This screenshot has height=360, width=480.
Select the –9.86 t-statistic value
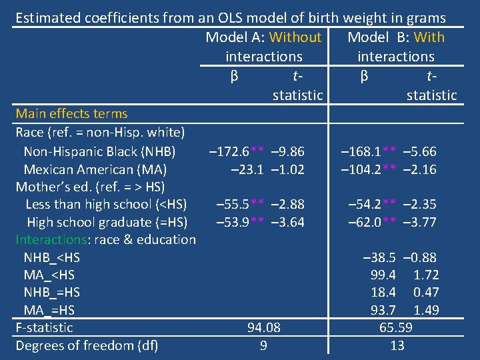coord(288,151)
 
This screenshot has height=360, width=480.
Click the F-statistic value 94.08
coord(264,327)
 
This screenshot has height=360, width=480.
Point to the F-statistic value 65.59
coord(396,327)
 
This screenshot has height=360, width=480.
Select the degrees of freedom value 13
coord(397,345)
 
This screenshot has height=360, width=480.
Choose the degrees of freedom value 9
coord(264,345)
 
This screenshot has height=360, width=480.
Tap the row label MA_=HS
coord(49,310)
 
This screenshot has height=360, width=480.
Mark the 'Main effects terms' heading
coord(71,114)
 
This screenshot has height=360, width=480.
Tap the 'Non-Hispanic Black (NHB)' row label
coord(99,151)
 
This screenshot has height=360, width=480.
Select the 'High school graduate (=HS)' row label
coord(107,222)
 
